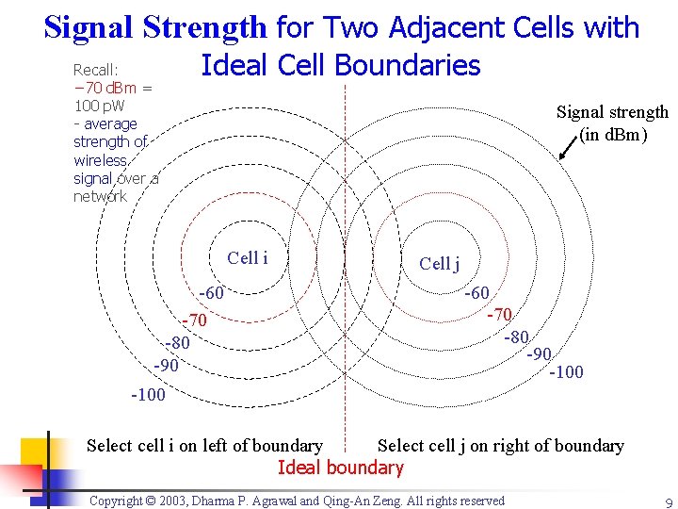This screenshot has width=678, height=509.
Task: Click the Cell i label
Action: point(248,258)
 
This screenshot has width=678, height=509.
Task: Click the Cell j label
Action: point(439,264)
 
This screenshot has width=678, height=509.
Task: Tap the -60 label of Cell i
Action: point(211,293)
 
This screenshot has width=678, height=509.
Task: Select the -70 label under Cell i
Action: point(194,321)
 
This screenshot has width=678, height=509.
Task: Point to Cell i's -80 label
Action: point(177,342)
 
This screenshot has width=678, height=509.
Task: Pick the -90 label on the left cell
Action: point(166,364)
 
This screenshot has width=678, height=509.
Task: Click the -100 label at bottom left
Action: point(148,394)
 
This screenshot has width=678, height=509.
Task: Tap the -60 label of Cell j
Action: point(476,294)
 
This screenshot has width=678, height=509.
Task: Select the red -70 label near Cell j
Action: point(499,314)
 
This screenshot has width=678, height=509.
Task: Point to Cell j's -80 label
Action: point(517,336)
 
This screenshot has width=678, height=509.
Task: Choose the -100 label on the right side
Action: point(566,372)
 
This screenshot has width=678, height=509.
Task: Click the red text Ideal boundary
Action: point(340,468)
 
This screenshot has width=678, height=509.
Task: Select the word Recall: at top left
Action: point(96,70)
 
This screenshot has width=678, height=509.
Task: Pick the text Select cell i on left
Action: point(204,446)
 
